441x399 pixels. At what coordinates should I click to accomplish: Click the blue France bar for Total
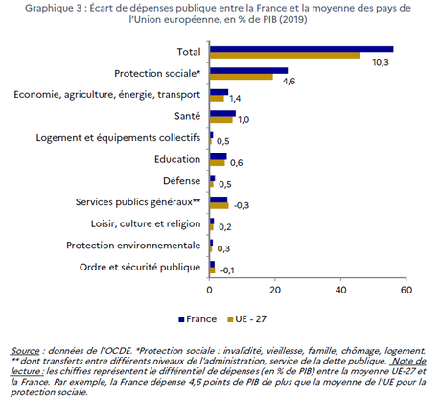[301, 48]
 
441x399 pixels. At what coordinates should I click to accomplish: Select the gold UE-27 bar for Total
[285, 55]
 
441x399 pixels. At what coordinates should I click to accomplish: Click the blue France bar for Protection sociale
[248, 70]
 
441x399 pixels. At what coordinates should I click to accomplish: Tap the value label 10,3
[381, 61]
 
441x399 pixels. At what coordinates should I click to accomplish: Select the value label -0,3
[244, 205]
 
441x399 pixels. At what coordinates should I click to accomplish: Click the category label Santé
[187, 115]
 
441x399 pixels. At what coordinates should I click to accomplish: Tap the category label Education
[177, 158]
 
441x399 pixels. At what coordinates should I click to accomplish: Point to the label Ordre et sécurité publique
[141, 266]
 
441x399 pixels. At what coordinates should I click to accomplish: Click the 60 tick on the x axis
[406, 288]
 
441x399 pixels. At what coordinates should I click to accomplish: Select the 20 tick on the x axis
[275, 288]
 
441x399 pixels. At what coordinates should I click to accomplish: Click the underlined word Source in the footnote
[26, 351]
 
